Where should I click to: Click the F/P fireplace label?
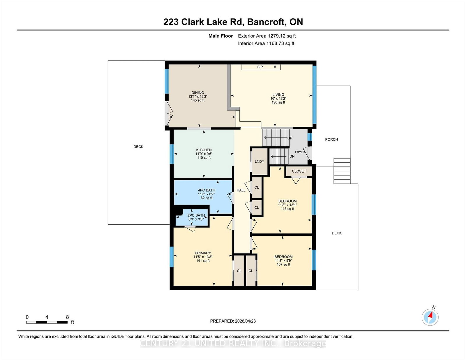pos(260,67)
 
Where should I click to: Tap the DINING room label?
pos(198,93)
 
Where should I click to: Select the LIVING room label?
pos(278,95)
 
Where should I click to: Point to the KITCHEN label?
pos(204,150)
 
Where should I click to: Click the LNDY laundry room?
pos(260,162)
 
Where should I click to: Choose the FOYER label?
pos(300,152)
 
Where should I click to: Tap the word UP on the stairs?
pos(290,138)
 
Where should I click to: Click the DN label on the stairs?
pos(292,156)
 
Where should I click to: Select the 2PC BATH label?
pos(196,215)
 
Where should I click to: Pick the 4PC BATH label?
pos(206,190)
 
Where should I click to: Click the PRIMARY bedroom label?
pos(203,253)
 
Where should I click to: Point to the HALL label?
pos(241,190)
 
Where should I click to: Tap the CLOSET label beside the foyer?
pos(299,171)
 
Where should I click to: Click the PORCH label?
pos(331,139)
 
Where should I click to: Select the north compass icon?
pos(430,317)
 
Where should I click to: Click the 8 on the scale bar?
pos(68,317)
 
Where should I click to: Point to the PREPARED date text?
pos(233,321)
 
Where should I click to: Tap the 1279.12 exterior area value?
pos(276,36)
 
